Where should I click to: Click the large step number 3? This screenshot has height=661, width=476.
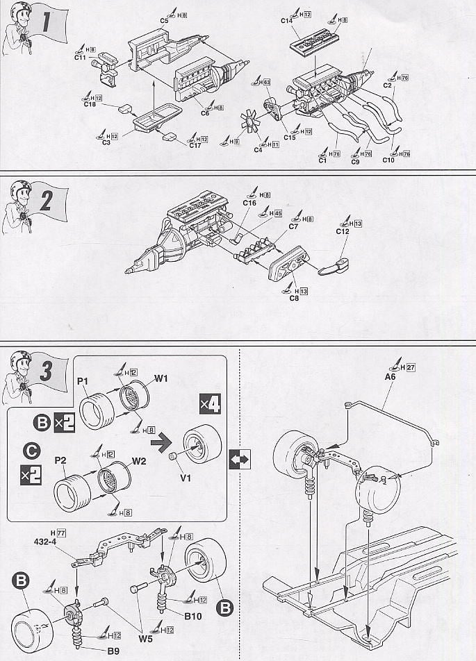point(47,372)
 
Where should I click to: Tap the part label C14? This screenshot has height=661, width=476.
point(288,21)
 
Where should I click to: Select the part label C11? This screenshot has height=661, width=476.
point(81,58)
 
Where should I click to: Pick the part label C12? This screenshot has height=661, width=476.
point(341,231)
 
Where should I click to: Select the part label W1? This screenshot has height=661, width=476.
point(161,378)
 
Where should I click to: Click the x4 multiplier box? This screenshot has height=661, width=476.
point(209,403)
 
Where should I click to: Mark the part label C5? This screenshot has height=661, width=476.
point(164,21)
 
